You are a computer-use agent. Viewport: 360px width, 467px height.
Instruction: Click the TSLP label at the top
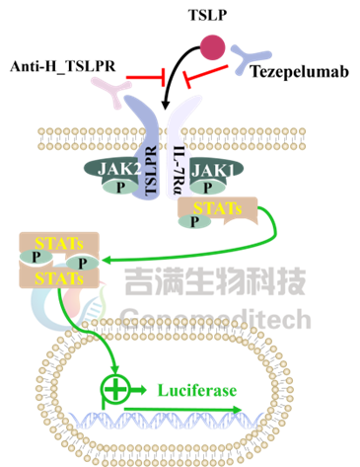207,15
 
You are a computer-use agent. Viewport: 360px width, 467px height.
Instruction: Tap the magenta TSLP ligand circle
213,47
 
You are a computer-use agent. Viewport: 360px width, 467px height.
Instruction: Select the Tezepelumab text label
300,72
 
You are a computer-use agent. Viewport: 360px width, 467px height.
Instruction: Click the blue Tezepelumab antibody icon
249,58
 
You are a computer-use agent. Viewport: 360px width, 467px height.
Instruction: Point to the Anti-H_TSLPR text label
63,66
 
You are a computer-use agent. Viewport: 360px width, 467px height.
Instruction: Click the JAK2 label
119,169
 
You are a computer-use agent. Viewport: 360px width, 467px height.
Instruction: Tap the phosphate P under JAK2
120,188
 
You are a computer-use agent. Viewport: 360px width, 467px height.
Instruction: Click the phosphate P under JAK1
208,188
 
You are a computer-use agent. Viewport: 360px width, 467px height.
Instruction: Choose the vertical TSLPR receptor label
150,170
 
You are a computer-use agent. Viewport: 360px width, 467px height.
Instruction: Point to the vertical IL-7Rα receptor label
180,170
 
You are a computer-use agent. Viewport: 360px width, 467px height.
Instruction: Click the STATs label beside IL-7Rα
217,208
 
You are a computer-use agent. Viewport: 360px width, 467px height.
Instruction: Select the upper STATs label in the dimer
59,244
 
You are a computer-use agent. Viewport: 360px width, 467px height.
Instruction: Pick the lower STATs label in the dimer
59,278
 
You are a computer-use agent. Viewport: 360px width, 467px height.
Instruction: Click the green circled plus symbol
115,388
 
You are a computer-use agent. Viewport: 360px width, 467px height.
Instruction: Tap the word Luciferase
197,390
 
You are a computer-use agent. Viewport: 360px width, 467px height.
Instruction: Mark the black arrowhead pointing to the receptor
166,105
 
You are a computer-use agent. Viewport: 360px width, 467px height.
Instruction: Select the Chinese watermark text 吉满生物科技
215,280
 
